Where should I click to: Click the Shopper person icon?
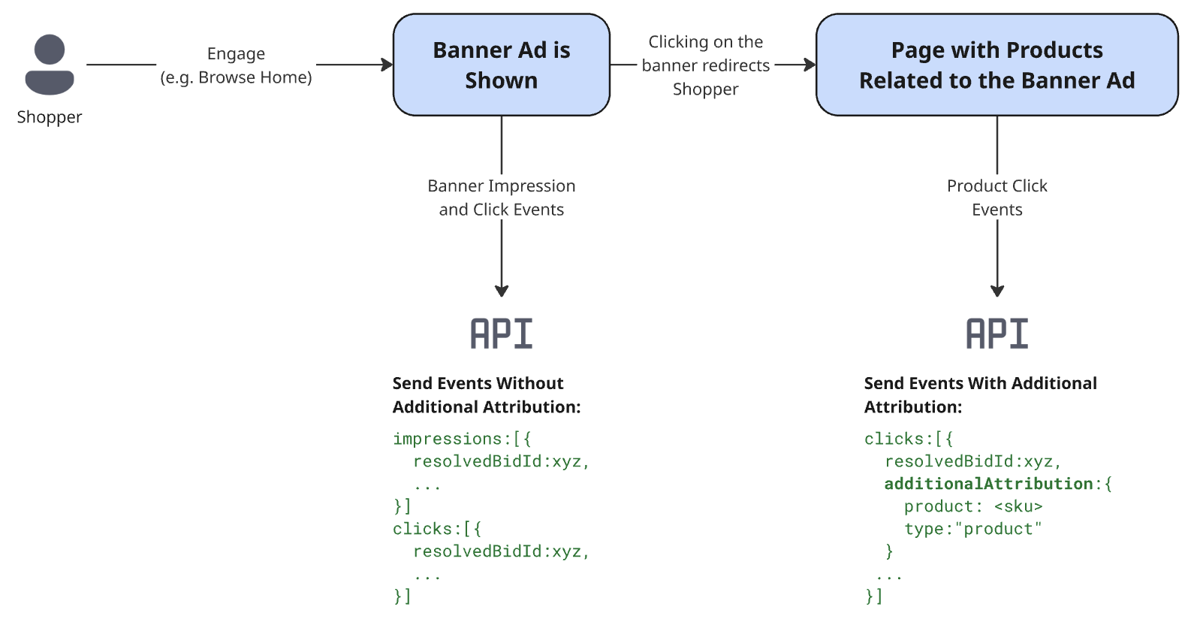click(50, 65)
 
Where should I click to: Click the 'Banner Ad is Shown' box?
click(501, 65)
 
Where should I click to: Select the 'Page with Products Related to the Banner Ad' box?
click(996, 65)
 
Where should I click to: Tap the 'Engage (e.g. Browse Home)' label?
click(236, 65)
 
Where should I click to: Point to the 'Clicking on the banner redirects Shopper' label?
click(705, 65)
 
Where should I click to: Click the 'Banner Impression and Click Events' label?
click(501, 198)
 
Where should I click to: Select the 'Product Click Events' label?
click(996, 198)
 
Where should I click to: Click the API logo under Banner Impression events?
click(501, 334)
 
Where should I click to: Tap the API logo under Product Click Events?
click(996, 334)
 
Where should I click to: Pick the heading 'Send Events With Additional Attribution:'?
click(980, 395)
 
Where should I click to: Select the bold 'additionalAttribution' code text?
click(988, 484)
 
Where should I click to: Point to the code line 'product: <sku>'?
click(973, 506)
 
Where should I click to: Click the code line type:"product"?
click(973, 529)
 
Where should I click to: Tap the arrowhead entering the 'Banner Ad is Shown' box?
click(387, 65)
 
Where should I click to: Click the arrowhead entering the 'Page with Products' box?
click(810, 65)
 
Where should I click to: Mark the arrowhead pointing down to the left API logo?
click(502, 291)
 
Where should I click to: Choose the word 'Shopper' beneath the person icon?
click(50, 117)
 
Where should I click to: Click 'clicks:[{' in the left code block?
click(436, 529)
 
